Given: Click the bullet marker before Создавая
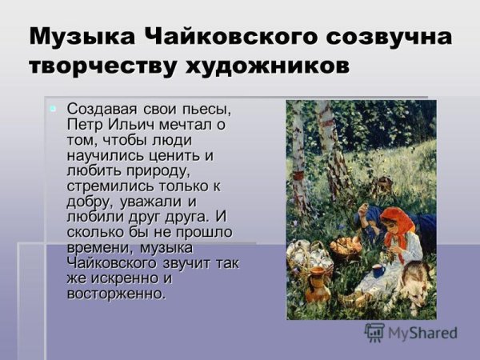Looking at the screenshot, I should pos(53,108).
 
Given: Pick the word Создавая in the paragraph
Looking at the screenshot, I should pos(99,108).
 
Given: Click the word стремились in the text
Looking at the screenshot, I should pos(107,186).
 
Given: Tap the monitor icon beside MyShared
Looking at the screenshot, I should pos(374,332).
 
